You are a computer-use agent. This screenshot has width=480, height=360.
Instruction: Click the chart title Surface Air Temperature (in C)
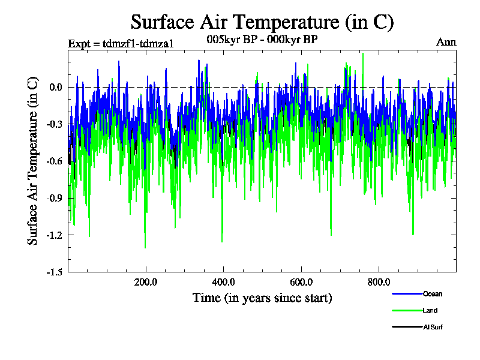[x=262, y=22]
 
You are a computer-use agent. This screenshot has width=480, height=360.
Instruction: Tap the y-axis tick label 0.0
[x=56, y=87]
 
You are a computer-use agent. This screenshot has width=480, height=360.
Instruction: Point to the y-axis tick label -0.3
[x=55, y=124]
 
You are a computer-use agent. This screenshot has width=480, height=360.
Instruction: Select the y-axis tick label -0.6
[x=55, y=161]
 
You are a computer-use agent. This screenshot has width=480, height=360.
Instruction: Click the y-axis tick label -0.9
[x=55, y=198]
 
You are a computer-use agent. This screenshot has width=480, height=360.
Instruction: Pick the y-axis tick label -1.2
[x=55, y=235]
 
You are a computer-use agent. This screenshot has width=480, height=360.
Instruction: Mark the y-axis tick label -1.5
[x=55, y=272]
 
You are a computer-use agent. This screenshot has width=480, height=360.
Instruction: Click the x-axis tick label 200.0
[x=146, y=282]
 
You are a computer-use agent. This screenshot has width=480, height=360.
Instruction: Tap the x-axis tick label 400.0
[x=223, y=282]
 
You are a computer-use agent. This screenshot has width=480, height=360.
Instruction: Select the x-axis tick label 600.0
[x=301, y=282]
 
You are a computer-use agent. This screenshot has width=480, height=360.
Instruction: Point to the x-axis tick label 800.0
[x=379, y=282]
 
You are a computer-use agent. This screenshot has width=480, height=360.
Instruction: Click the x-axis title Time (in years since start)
[x=262, y=298]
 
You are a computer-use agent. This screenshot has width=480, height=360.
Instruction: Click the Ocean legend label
[x=432, y=294]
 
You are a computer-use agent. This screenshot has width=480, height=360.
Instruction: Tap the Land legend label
[x=430, y=310]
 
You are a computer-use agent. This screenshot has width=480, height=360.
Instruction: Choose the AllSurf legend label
[x=433, y=327]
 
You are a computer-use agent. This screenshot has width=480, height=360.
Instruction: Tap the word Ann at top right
[x=446, y=42]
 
